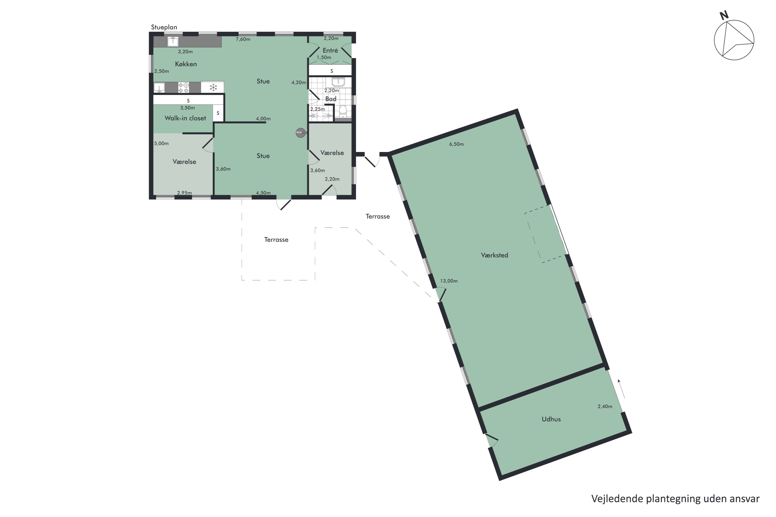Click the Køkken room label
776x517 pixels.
[x=186, y=64]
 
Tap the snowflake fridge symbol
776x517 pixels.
[x=213, y=87]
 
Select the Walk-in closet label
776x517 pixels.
[x=185, y=118]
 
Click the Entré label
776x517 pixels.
[x=330, y=50]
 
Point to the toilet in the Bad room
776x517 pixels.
[x=343, y=111]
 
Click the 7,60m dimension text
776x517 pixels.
[x=243, y=39]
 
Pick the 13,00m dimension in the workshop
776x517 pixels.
[x=449, y=281]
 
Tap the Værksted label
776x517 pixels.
[x=494, y=255]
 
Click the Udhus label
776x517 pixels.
[x=551, y=419]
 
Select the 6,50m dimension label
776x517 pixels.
[x=456, y=144]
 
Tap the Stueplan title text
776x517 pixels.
[x=164, y=27]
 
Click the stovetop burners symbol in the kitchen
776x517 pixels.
[x=183, y=87]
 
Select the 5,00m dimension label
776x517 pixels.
[x=161, y=143]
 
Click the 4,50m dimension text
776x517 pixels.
[x=263, y=193]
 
